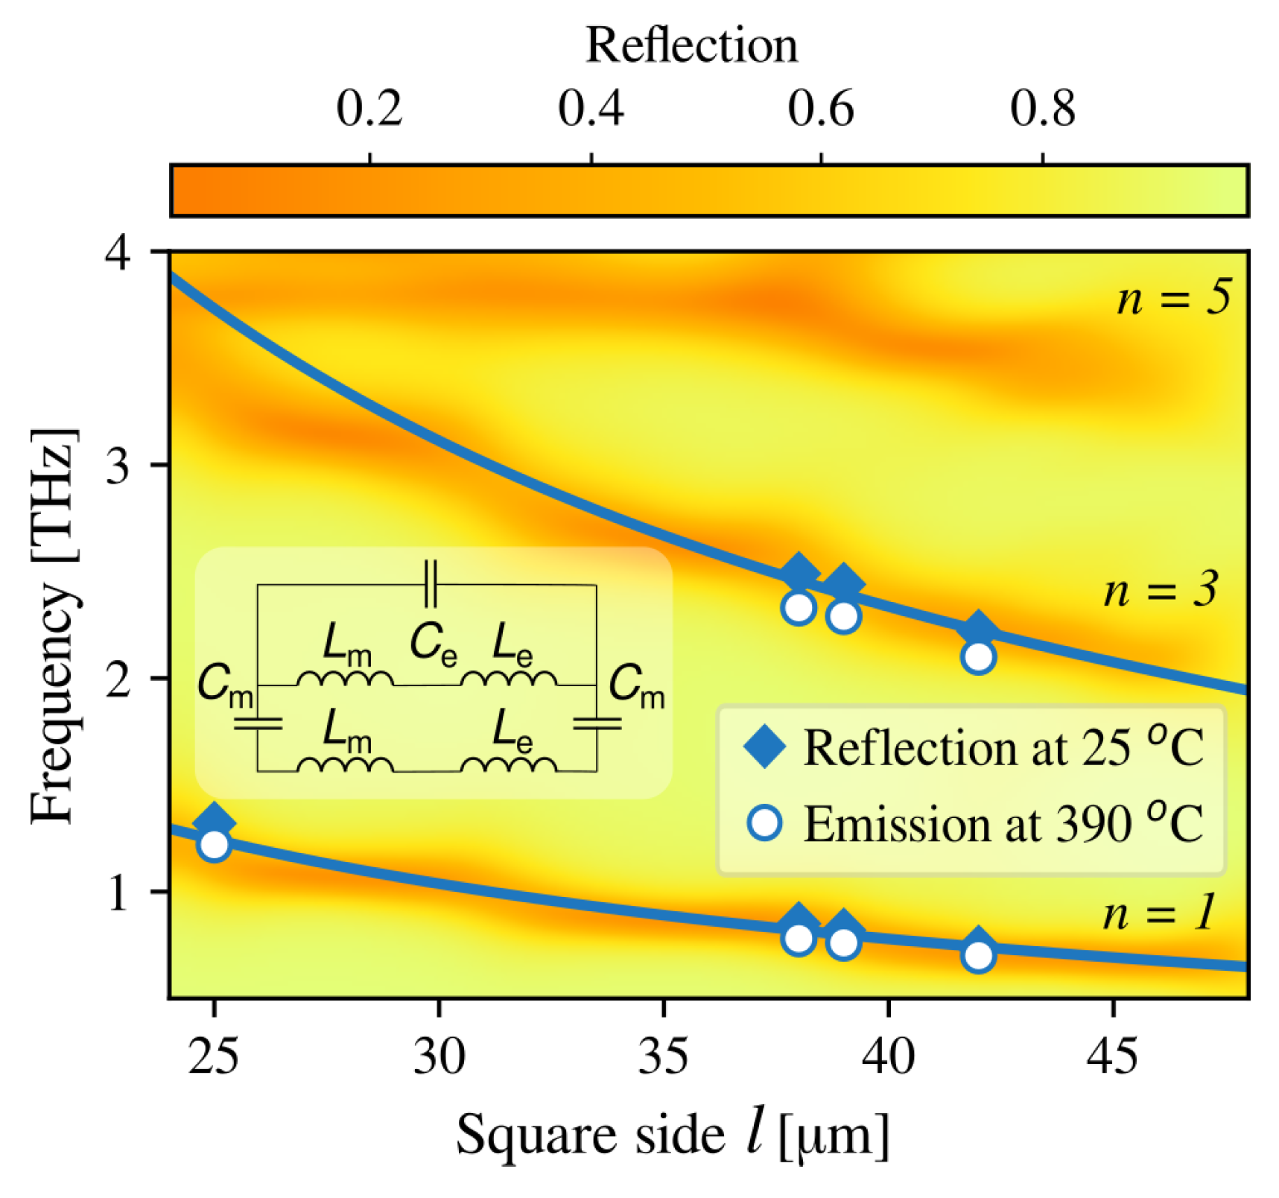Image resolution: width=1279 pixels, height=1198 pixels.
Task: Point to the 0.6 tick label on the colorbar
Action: coord(820,109)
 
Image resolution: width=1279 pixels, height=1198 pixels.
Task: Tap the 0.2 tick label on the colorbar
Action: coord(369,109)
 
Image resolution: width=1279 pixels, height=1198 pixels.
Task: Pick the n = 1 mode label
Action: coord(1159,912)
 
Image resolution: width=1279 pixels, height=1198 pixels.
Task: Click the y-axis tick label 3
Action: coord(119,465)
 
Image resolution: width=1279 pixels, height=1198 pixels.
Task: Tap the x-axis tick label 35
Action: coord(663,1056)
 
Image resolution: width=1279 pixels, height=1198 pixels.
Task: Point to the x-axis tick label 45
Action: coord(1112,1056)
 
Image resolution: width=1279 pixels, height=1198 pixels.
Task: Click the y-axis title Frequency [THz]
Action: coord(54,626)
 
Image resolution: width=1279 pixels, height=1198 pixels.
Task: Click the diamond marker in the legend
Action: coord(765,747)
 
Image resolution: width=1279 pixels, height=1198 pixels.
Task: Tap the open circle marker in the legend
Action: coord(765,823)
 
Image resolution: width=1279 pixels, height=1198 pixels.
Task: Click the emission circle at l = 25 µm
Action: coord(215,845)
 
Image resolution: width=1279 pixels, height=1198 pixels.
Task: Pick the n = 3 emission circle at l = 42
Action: coord(978,657)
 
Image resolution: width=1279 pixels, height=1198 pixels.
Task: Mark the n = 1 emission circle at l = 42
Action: coord(978,955)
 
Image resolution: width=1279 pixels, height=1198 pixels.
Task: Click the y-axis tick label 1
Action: coord(119,892)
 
